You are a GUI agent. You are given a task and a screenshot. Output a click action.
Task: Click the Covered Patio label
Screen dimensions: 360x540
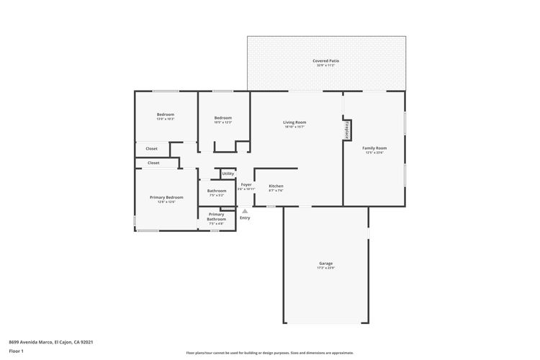click(325, 61)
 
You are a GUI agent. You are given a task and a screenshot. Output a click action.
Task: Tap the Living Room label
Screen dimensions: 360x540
click(294, 122)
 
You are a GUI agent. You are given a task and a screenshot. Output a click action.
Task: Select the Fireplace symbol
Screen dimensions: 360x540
click(346, 130)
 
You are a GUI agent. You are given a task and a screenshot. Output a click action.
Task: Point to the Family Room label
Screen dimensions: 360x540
click(374, 148)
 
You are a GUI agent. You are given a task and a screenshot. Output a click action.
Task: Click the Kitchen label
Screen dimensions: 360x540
click(276, 186)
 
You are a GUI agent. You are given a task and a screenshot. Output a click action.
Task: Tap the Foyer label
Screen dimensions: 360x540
click(246, 184)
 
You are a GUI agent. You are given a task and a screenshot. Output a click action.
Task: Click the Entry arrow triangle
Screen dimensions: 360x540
click(245, 211)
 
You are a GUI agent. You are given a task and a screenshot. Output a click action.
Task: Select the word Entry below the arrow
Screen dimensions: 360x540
click(245, 218)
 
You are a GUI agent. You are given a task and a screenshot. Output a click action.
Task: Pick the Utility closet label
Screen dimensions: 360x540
click(228, 174)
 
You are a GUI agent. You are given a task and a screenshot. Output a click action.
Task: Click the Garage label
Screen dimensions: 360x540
click(325, 264)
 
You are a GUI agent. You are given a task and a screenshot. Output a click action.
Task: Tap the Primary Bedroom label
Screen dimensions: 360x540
click(166, 197)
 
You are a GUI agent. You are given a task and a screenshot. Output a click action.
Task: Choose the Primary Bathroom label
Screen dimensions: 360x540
click(216, 216)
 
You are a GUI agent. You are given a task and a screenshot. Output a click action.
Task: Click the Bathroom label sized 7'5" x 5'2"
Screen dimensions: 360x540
click(217, 191)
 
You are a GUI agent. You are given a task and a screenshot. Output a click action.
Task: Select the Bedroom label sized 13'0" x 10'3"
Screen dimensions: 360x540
click(166, 114)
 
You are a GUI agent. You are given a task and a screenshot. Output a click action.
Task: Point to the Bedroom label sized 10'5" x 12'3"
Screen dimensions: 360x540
click(222, 118)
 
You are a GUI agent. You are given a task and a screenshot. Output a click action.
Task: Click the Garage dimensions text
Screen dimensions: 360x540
click(325, 268)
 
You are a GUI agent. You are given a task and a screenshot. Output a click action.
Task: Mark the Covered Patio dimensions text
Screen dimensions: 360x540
click(325, 66)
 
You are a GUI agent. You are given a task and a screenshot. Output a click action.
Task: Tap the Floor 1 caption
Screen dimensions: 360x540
click(16, 351)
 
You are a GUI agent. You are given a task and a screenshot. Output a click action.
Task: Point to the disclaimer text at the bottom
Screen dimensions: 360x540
click(269, 353)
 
